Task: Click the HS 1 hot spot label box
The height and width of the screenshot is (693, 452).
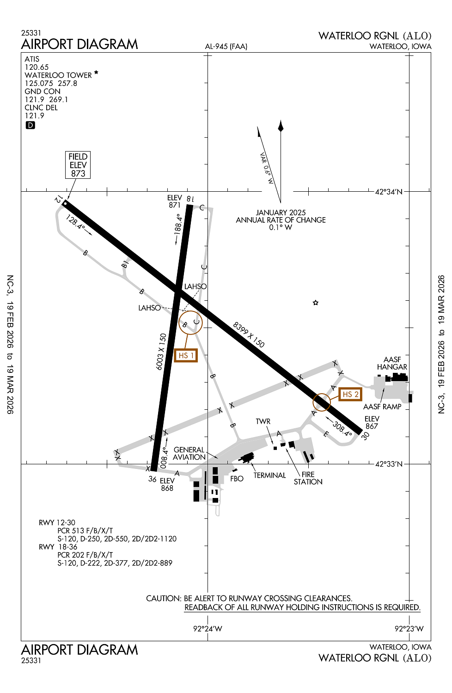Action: pos(186,355)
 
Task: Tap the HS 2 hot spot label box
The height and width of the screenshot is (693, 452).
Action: pos(350,394)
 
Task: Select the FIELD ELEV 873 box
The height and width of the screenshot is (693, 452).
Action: pos(78,165)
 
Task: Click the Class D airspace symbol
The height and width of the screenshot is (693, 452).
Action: pos(30,125)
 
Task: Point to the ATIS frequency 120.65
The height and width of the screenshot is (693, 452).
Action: pos(37,67)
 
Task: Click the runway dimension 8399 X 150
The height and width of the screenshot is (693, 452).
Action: pos(249,335)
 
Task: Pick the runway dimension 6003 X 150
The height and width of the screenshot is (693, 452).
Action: pos(161,352)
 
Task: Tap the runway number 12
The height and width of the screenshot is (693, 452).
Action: pos(58,199)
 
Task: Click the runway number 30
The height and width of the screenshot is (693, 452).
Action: pos(365,436)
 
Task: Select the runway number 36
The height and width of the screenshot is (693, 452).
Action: pos(153,479)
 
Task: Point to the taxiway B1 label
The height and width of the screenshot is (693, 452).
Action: pos(125,264)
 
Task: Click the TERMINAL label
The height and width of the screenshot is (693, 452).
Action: pos(269,475)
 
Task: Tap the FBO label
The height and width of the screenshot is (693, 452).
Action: pos(237,479)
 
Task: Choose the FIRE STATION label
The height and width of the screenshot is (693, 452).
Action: pos(308,478)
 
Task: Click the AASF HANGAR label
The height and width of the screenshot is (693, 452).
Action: pos(392,363)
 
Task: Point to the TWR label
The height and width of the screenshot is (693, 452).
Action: pos(263,421)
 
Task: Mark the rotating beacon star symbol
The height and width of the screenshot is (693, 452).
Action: pos(316,303)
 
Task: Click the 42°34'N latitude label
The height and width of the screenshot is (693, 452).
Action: pos(389,192)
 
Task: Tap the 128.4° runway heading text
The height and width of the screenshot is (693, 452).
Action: pos(75,222)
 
